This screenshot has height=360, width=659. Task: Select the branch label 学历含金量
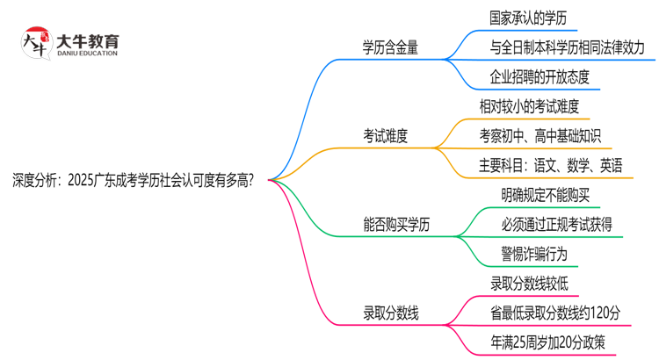pyautogui.click(x=391, y=47)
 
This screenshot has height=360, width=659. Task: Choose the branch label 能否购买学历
pyautogui.click(x=397, y=224)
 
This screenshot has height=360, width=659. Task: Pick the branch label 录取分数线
pyautogui.click(x=391, y=313)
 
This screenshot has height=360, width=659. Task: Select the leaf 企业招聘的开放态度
pyautogui.click(x=539, y=76)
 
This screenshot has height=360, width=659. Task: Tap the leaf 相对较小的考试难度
pyautogui.click(x=529, y=105)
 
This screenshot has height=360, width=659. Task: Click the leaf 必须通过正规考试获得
pyautogui.click(x=550, y=224)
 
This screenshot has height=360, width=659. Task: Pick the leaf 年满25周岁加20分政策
pyautogui.click(x=548, y=342)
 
